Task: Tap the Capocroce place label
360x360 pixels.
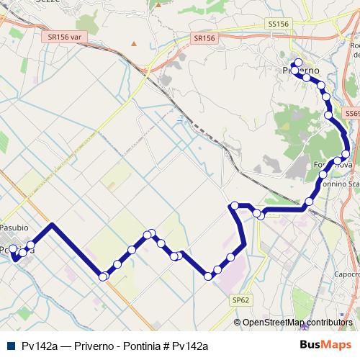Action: (x=346, y=274)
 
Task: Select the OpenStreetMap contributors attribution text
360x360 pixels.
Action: (x=297, y=322)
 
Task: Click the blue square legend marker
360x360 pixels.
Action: (x=10, y=346)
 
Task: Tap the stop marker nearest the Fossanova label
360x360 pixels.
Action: (x=338, y=161)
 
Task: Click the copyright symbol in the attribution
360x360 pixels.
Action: (x=238, y=322)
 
